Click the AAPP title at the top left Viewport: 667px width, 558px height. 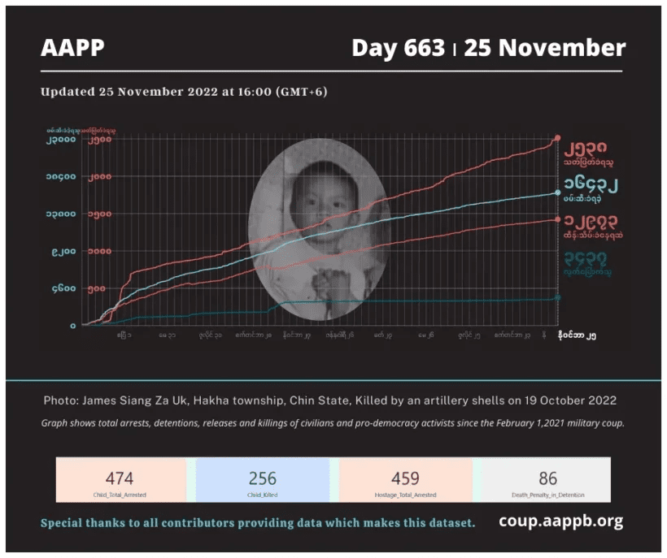click(x=72, y=48)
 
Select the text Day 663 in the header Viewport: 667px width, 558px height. click(x=399, y=48)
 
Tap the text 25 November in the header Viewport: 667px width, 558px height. click(x=544, y=48)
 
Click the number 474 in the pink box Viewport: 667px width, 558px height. click(x=120, y=478)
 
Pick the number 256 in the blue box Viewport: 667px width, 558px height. click(x=263, y=478)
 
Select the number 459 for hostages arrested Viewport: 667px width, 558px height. click(x=405, y=478)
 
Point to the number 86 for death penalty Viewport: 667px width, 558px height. click(x=547, y=478)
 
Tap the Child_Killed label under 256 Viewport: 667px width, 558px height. click(x=263, y=494)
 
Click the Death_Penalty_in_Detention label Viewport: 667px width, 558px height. click(x=547, y=494)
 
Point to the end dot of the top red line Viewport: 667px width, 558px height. click(x=557, y=139)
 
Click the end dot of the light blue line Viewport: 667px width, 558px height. click(x=557, y=192)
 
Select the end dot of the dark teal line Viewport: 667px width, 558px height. click(x=557, y=298)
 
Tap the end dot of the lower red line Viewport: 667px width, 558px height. click(x=557, y=219)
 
